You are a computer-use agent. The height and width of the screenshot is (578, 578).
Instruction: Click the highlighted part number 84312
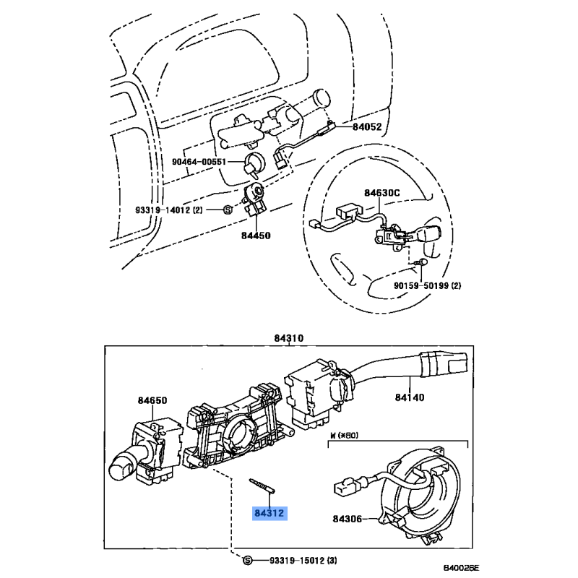point(269,513)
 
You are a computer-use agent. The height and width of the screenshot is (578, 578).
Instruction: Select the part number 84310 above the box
point(288,338)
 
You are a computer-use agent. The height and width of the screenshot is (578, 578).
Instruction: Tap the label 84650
point(152,400)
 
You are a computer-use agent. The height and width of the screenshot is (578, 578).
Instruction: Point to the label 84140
point(410,397)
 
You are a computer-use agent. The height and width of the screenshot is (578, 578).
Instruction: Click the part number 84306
point(348,519)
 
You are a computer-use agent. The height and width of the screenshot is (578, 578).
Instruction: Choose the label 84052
point(367,127)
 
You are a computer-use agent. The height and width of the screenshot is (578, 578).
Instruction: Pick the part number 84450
point(256,236)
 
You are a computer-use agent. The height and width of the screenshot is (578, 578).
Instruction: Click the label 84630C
point(382,193)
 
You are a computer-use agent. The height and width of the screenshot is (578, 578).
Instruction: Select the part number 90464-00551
point(199,161)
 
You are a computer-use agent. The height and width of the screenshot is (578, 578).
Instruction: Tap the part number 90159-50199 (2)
point(427,285)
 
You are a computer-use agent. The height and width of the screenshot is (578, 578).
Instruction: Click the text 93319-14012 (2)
point(169,210)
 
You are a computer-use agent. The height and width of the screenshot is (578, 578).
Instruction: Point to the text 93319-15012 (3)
point(303,561)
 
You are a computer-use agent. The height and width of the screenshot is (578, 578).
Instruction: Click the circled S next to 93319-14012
point(228,210)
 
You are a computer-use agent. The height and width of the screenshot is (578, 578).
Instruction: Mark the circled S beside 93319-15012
point(248,561)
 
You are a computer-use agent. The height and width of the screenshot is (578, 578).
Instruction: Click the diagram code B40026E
point(461,568)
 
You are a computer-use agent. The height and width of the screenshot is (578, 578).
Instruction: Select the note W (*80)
point(345,435)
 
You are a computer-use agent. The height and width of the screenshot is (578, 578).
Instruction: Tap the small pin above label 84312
point(262,486)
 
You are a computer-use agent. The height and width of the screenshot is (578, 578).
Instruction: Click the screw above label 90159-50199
point(420,262)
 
